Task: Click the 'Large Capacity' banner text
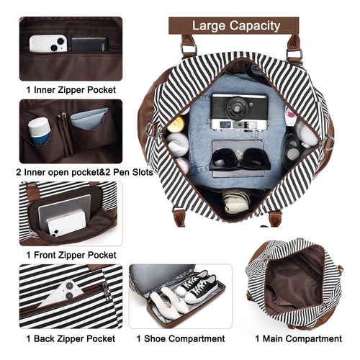click(x=236, y=26)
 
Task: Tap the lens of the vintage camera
click(x=237, y=108)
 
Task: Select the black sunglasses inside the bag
click(x=240, y=159)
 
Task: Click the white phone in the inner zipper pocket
click(x=48, y=44)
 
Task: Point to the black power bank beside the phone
click(x=89, y=44)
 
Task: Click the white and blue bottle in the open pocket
click(x=39, y=131)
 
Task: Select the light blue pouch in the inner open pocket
click(x=89, y=119)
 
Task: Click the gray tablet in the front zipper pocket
click(x=64, y=211)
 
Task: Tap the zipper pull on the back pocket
click(x=106, y=290)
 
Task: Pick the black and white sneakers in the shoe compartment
click(x=197, y=287)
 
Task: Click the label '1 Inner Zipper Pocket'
click(x=71, y=90)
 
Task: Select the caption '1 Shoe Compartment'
click(x=181, y=338)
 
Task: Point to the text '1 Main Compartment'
click(x=298, y=338)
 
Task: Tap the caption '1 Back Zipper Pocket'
click(x=71, y=338)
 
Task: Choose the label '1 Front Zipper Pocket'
click(x=71, y=255)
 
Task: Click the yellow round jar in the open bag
click(x=176, y=125)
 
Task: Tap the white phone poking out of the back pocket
click(x=62, y=294)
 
